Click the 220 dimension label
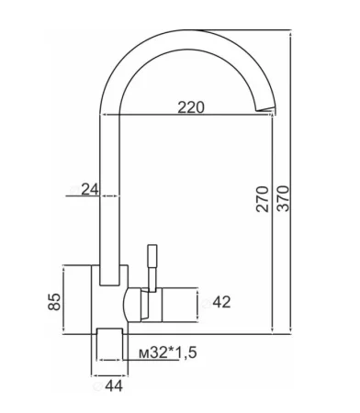[x=191, y=107]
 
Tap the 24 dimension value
[x=90, y=190]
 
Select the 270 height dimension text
[x=263, y=198]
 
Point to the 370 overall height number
[x=283, y=198]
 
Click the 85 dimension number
[x=54, y=302]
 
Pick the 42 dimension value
[x=221, y=302]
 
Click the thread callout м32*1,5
[x=167, y=353]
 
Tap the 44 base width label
[x=114, y=386]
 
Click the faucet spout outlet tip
[x=264, y=109]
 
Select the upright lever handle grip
[x=152, y=256]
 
